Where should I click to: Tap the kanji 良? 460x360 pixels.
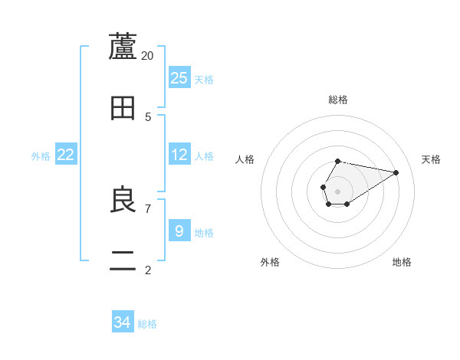pyautogui.click(x=123, y=201)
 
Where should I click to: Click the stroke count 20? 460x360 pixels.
pyautogui.click(x=148, y=55)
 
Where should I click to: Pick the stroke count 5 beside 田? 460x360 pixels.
pyautogui.click(x=148, y=117)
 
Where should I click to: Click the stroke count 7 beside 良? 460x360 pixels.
pyautogui.click(x=148, y=208)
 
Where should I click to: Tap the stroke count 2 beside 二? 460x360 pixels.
pyautogui.click(x=148, y=270)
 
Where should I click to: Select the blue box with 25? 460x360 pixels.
pyautogui.click(x=179, y=78)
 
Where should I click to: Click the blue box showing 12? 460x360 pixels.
pyautogui.click(x=179, y=155)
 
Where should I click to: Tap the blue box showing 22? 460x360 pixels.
pyautogui.click(x=66, y=155)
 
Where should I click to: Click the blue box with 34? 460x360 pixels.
pyautogui.click(x=123, y=322)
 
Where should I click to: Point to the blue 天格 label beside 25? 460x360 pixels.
pyautogui.click(x=204, y=80)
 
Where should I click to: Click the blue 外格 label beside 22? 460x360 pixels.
pyautogui.click(x=41, y=156)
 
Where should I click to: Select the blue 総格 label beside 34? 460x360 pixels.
pyautogui.click(x=147, y=324)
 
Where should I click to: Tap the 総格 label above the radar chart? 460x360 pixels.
pyautogui.click(x=338, y=100)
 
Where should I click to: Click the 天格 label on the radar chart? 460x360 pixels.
pyautogui.click(x=431, y=159)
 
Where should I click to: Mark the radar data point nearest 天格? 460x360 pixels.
pyautogui.click(x=396, y=172)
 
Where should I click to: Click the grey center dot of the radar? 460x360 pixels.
pyautogui.click(x=338, y=190)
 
